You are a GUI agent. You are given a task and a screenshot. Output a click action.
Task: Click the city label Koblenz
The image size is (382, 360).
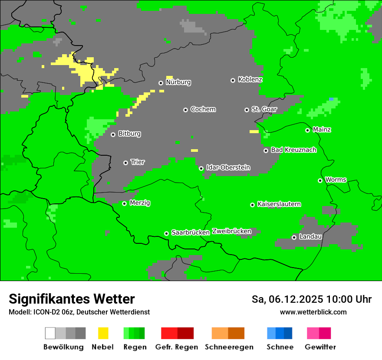(x=250, y=79)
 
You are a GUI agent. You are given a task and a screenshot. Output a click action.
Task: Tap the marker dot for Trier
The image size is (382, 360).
(x=126, y=163)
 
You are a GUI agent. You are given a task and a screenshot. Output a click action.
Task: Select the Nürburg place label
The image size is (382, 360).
(x=178, y=82)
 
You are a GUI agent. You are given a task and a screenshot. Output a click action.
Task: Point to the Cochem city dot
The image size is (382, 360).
(x=185, y=110)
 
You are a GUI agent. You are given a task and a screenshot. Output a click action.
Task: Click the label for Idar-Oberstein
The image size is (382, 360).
(x=228, y=167)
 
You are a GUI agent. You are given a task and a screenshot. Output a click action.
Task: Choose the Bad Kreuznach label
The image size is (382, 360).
(x=293, y=150)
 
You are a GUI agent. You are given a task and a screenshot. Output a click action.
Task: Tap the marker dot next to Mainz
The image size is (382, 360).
(x=307, y=130)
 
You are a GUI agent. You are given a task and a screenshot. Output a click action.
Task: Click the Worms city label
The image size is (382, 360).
(x=336, y=180)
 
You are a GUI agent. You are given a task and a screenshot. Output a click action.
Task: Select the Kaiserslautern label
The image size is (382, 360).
(x=279, y=204)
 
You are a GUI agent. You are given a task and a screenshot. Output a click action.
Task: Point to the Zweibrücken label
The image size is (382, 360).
(x=231, y=231)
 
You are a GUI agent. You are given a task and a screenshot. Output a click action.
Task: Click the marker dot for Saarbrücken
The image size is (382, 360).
(x=166, y=233)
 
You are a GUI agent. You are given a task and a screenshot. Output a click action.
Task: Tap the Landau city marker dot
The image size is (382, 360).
(x=294, y=237)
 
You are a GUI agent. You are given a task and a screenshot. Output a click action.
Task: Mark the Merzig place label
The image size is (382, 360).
(x=140, y=203)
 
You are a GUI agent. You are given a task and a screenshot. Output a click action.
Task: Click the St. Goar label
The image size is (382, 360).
(x=264, y=109)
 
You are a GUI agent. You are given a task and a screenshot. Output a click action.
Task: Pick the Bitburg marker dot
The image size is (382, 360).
(x=113, y=134)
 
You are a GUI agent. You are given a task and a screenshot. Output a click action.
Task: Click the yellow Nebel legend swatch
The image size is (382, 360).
(x=103, y=333)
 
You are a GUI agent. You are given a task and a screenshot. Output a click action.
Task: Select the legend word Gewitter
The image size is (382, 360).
(x=320, y=347)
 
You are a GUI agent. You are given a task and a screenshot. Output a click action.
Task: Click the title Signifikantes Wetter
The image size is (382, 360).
(x=72, y=299)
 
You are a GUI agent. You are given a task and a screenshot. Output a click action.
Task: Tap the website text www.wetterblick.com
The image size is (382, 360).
(x=313, y=312)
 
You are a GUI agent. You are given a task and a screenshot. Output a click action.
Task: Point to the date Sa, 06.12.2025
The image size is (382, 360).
(x=287, y=299)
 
